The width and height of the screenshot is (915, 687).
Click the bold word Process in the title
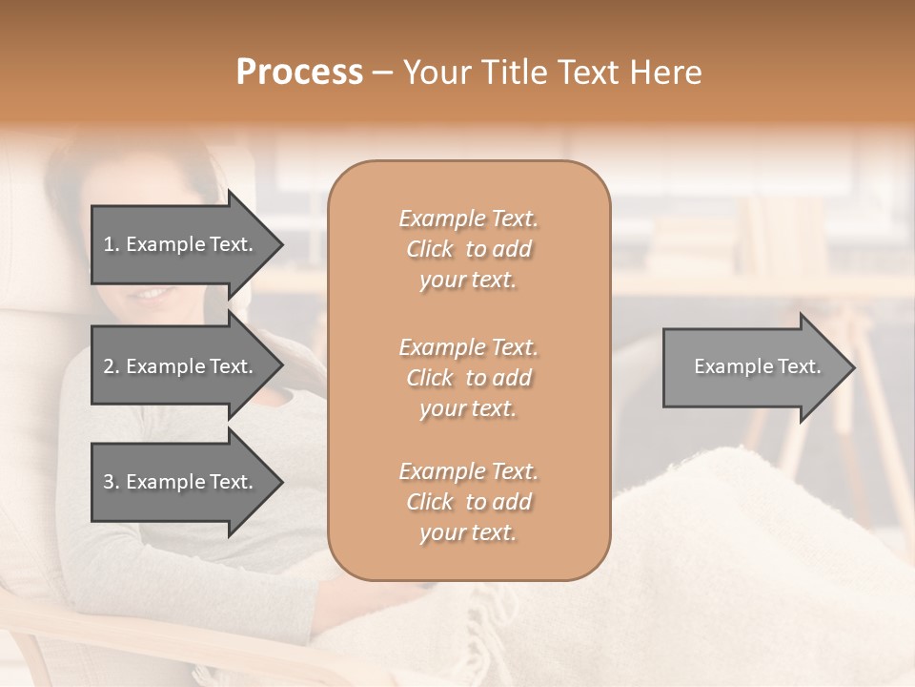(299, 73)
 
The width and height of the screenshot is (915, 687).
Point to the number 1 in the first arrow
(109, 244)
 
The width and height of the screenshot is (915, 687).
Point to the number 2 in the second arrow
(109, 366)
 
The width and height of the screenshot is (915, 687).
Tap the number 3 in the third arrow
(109, 482)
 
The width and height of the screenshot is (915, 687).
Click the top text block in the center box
(468, 249)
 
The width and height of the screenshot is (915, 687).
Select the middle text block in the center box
(468, 378)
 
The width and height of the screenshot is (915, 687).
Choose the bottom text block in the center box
(468, 502)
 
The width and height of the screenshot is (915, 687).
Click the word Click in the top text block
(430, 249)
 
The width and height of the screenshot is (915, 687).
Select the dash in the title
(383, 73)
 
